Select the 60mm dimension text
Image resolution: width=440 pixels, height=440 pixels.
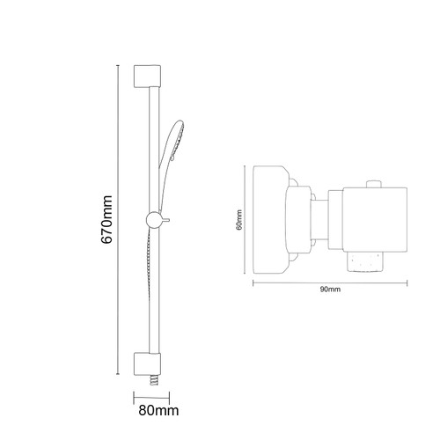click(238, 219)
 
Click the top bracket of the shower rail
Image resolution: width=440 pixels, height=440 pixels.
click(147, 75)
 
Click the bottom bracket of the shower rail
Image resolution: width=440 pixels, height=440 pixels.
click(148, 363)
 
